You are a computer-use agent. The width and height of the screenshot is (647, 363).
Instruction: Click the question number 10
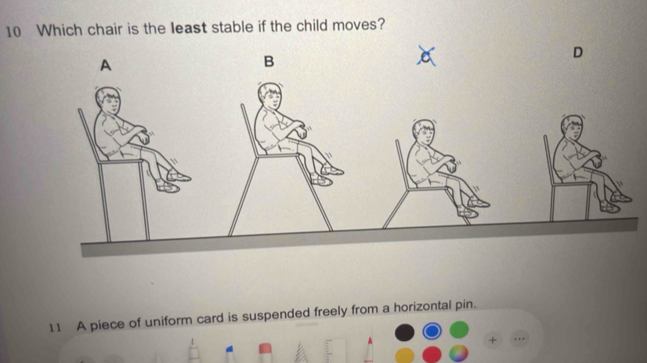(13, 32)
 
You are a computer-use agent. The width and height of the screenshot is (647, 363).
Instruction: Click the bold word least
(189, 28)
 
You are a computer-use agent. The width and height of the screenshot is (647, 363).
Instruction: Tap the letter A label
(106, 65)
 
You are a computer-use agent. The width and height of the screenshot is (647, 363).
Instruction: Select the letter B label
(269, 61)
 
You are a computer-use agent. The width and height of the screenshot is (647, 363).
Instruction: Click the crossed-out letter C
(426, 56)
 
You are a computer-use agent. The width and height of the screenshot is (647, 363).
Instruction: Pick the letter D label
(578, 53)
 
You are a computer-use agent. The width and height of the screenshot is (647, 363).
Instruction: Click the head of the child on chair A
(108, 101)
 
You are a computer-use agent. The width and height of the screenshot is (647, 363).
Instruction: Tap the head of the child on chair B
(270, 96)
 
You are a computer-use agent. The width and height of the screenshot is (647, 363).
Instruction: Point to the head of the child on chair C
(423, 132)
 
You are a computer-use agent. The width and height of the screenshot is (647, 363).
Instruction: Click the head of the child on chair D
(572, 127)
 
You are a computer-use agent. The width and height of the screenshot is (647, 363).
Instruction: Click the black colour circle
(404, 332)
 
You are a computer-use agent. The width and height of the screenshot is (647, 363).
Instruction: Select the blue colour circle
(432, 331)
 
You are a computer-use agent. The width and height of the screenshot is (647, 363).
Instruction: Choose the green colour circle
(459, 329)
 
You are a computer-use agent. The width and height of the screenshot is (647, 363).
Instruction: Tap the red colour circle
(432, 354)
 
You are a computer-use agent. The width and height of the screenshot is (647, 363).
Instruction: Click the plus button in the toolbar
(492, 340)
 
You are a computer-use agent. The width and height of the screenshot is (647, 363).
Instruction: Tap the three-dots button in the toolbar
(519, 339)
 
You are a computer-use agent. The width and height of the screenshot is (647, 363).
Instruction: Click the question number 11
(56, 328)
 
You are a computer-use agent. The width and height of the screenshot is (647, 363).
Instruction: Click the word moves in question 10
(354, 25)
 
